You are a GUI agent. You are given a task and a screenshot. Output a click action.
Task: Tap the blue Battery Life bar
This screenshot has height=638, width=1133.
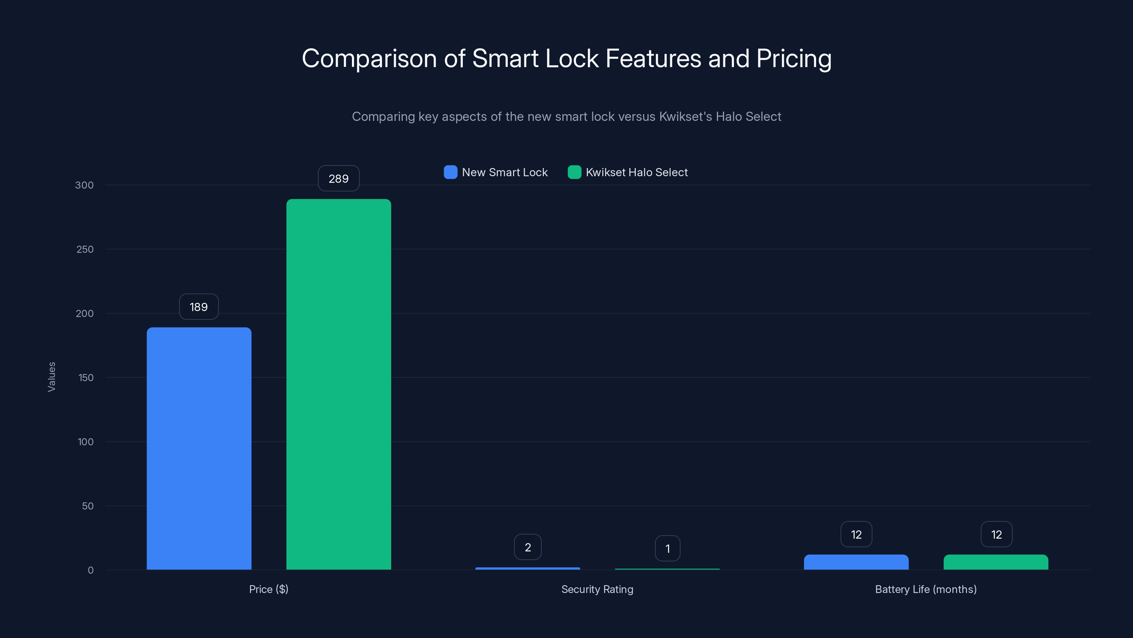856,562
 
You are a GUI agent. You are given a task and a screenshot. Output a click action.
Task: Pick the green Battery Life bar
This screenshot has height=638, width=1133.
996,562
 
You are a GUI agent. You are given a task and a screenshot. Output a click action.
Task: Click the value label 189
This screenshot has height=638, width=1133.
199,307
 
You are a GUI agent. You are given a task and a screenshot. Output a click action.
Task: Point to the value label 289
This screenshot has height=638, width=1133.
339,178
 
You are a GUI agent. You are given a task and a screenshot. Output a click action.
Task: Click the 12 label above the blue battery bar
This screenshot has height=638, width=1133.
856,535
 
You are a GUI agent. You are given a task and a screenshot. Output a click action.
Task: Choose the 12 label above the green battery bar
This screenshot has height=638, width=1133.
996,535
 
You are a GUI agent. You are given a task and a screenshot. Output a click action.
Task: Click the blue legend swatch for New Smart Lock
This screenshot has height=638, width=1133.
450,172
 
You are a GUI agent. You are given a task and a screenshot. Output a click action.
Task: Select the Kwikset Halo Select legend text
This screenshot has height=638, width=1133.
637,172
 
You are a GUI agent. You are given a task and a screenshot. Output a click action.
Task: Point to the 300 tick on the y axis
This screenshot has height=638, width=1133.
85,185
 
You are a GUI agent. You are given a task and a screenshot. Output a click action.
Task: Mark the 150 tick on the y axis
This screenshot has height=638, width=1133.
85,378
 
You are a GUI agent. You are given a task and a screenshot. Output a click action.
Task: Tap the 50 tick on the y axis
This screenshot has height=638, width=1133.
87,506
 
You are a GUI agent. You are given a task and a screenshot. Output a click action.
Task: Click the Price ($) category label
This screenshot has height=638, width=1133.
268,589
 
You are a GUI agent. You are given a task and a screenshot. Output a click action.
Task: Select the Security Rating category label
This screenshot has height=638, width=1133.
597,589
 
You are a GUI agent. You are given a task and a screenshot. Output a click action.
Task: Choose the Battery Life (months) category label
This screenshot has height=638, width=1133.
926,589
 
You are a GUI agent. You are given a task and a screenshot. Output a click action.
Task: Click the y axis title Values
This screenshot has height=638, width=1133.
51,377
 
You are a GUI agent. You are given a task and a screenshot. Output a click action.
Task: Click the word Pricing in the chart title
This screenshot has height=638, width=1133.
793,58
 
